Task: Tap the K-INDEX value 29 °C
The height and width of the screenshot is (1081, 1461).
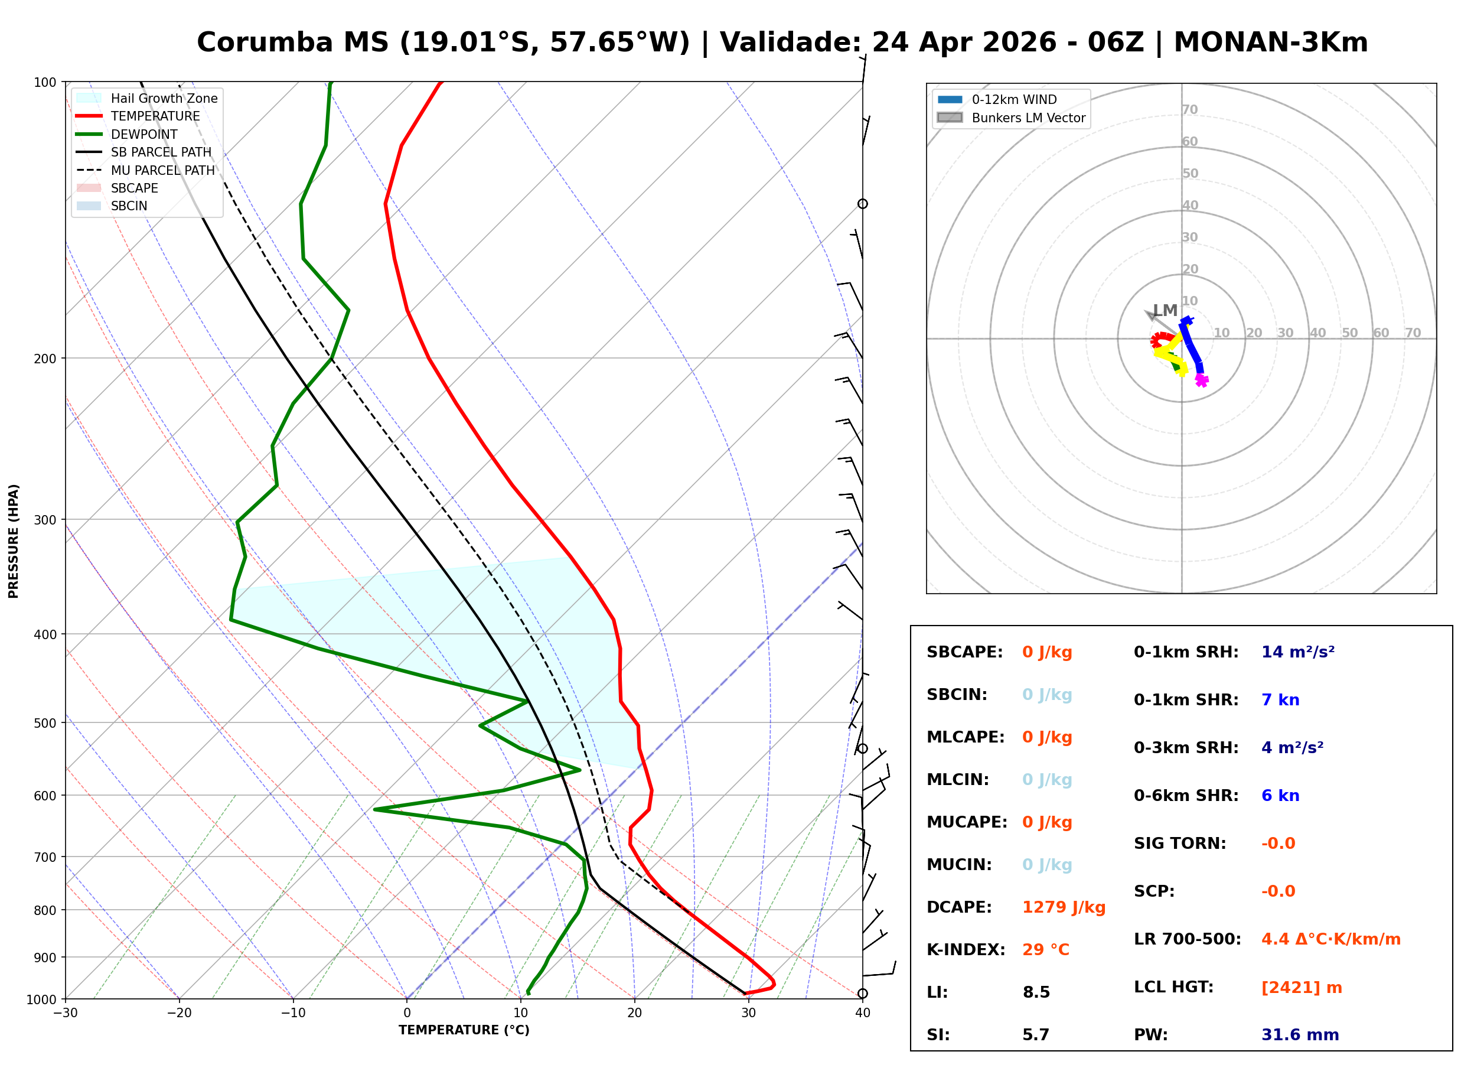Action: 1046,950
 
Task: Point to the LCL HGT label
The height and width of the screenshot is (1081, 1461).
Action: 1173,988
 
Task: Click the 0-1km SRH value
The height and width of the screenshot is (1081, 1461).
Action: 1297,652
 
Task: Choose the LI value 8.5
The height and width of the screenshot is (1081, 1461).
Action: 1036,992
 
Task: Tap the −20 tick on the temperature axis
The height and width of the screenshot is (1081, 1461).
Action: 178,1014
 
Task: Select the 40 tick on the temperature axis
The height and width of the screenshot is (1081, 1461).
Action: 862,1014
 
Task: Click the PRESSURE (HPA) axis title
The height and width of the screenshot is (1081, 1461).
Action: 14,541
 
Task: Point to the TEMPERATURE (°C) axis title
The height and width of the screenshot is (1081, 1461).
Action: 464,1031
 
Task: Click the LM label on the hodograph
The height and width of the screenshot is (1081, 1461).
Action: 1165,310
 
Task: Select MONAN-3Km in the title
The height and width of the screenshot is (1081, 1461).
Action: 1270,43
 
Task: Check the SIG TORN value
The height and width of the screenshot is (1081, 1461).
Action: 1278,844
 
